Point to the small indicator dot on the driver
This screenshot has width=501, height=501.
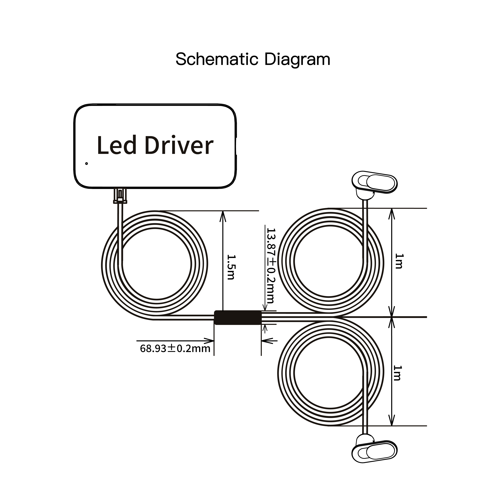pos(86,163)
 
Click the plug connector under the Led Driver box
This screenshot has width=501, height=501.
pos(120,196)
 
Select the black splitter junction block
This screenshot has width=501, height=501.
pos(238,317)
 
